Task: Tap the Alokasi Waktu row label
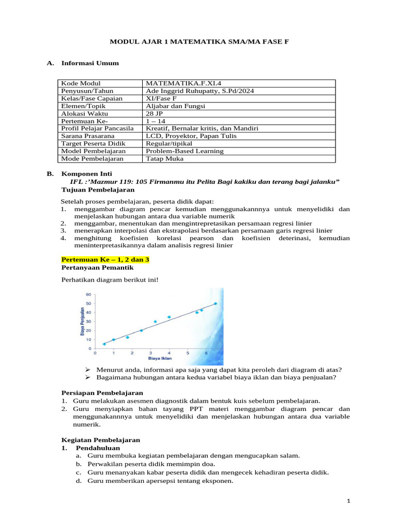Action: pos(82,113)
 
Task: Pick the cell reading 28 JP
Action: pos(155,113)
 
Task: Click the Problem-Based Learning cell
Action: pos(185,151)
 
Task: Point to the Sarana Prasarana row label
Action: pos(86,136)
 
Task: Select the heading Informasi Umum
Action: pos(90,63)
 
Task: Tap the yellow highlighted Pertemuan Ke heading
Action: pos(101,259)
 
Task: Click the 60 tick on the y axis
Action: pos(88,294)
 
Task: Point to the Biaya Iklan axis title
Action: pos(160,358)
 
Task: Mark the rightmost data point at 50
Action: pos(216,304)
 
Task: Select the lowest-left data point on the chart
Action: pos(104,344)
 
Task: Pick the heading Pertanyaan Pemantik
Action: pos(98,268)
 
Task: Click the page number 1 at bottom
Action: pos(348,502)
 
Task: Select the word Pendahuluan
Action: pos(98,448)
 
